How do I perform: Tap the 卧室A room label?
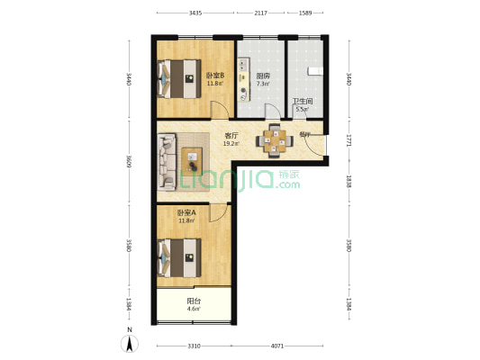186,213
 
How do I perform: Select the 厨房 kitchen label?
263,76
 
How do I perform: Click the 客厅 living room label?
231,136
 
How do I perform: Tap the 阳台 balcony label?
194,301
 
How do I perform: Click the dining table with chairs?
273,139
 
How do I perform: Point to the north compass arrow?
130,341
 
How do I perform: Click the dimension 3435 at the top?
195,13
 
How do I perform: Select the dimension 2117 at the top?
260,13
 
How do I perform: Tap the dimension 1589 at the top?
304,13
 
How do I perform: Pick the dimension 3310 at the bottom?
193,346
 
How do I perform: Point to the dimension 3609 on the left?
129,162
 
